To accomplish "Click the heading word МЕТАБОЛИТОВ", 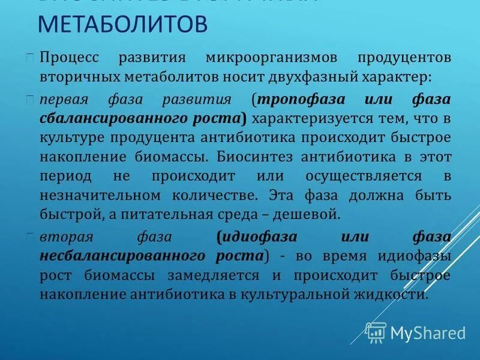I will point(123,26).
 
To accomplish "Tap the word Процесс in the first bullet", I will point(71,59).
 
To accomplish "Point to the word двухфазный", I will point(309,78).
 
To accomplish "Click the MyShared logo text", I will point(427,333).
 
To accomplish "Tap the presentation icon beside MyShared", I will point(376,332).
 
